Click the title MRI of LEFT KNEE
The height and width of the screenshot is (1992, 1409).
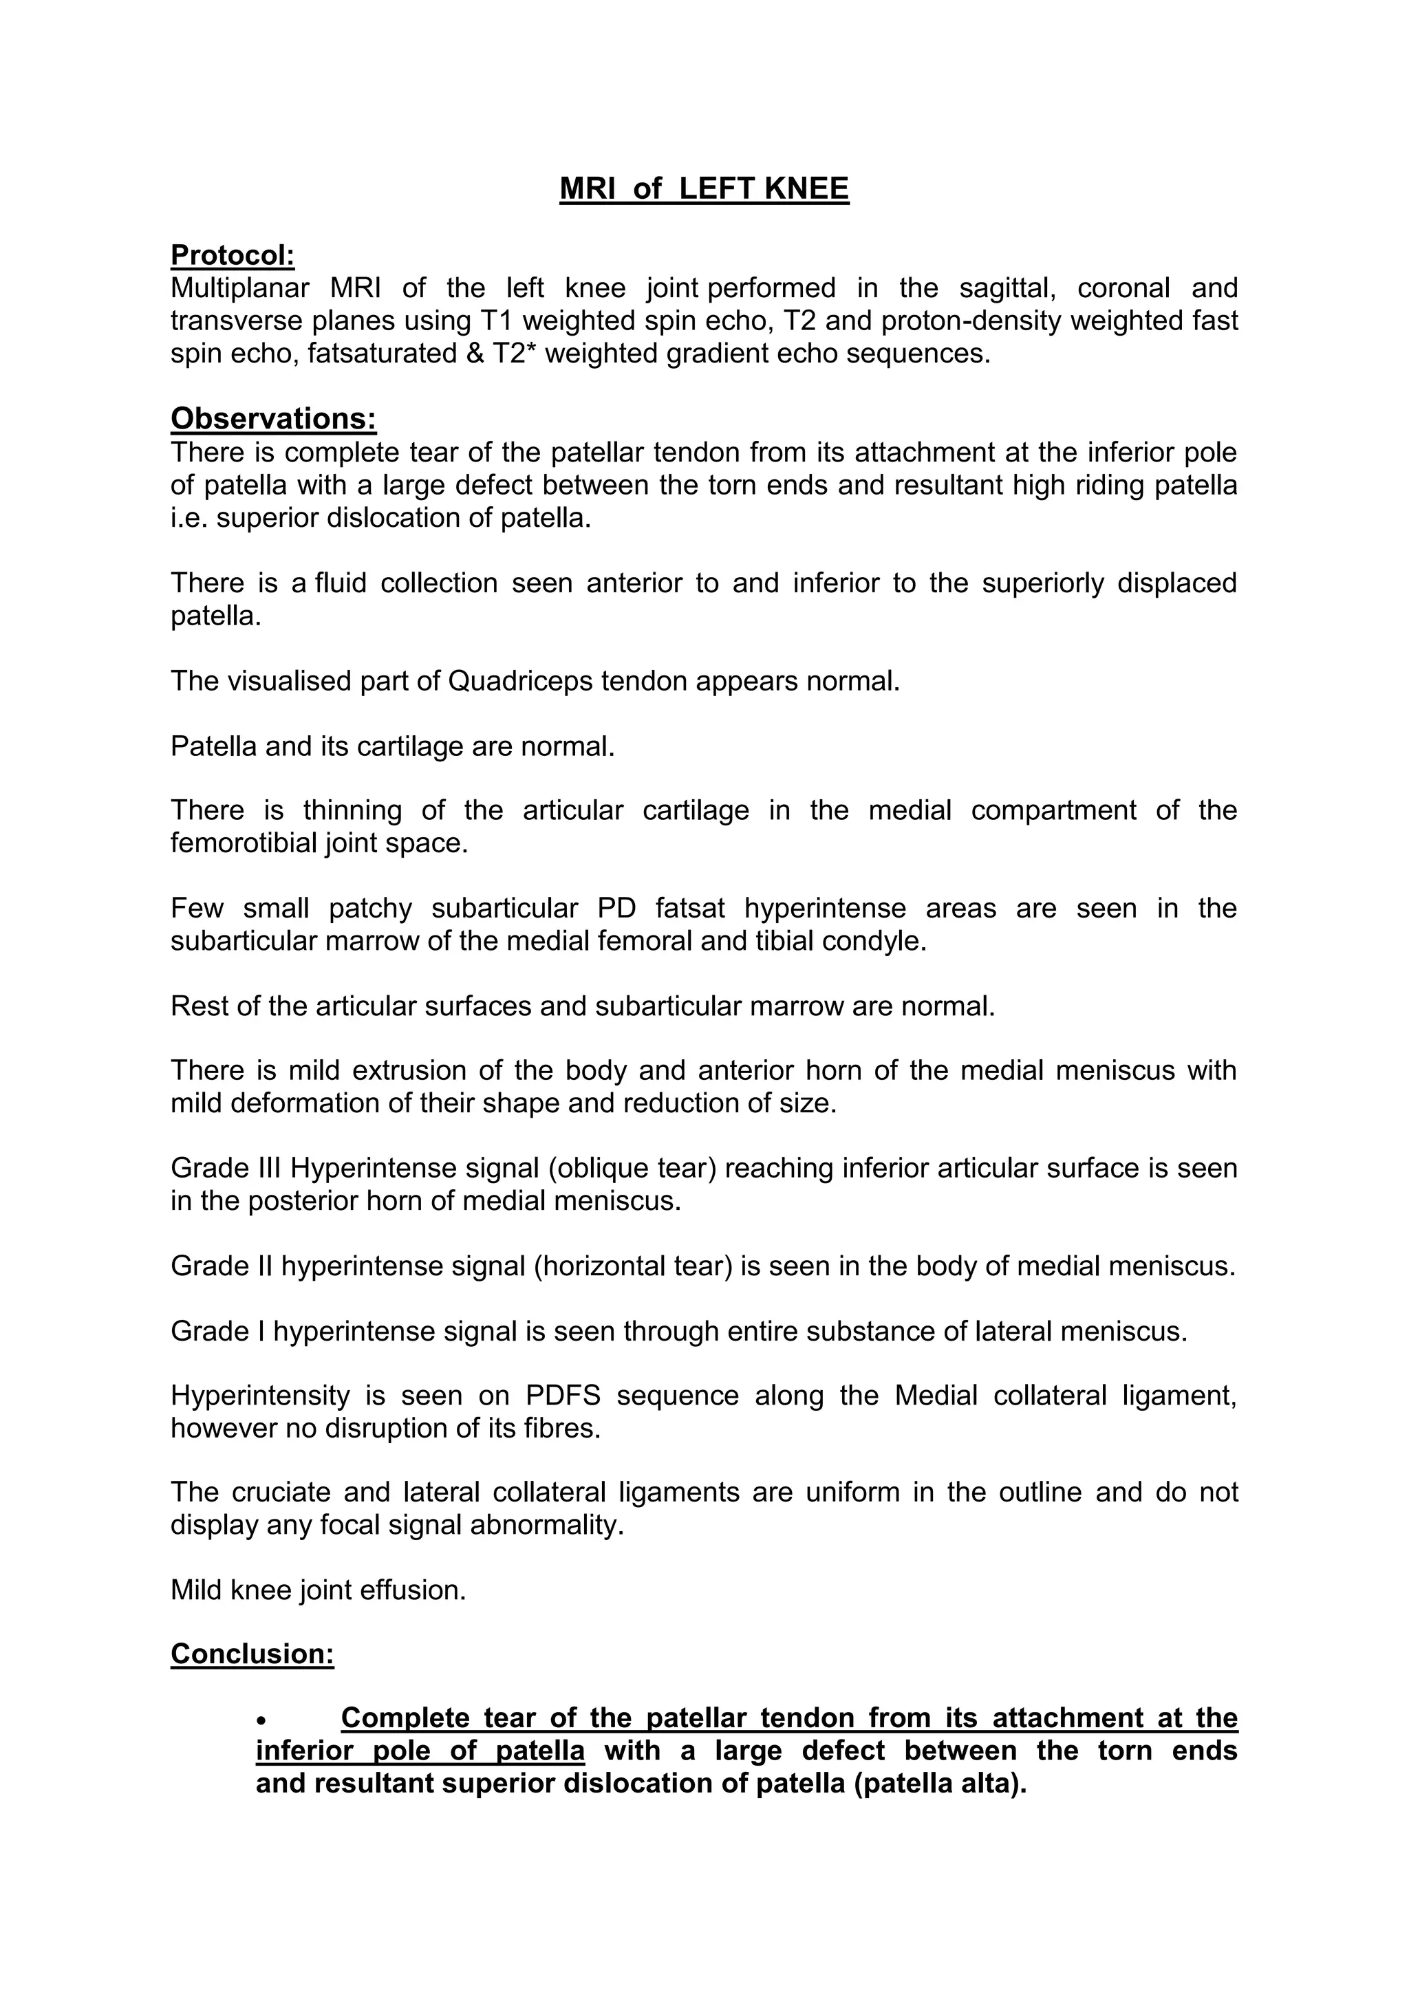(x=704, y=188)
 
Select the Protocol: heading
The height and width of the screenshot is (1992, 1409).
(x=233, y=255)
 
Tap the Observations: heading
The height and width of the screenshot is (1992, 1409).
(x=273, y=418)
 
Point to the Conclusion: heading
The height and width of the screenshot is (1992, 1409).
(x=252, y=1654)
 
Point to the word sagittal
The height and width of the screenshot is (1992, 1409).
(x=1008, y=288)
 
